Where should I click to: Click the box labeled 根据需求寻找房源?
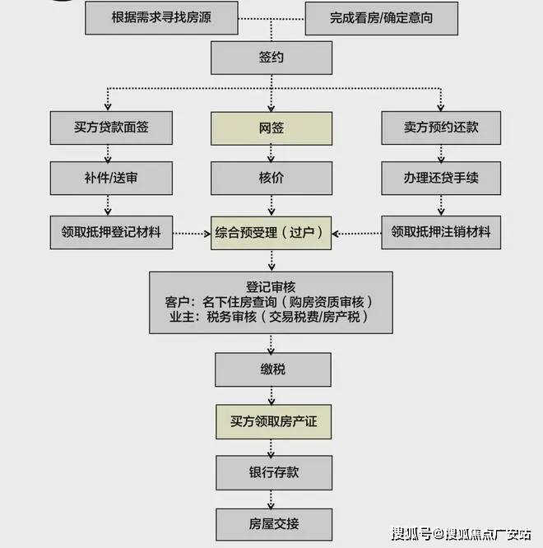point(161,17)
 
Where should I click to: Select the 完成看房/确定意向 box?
point(381,17)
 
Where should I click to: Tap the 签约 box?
point(272,58)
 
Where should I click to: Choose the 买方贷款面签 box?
point(111,128)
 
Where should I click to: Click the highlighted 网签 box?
point(272,128)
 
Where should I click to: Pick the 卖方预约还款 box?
point(441,128)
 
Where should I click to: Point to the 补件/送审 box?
point(111,177)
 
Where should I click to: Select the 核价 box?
point(272,177)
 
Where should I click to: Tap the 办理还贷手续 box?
point(441,177)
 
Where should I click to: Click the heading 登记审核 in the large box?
point(272,286)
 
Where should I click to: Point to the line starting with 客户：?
point(272,301)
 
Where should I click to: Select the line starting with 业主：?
point(272,317)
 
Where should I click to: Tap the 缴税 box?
point(272,370)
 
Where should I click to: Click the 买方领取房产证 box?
point(272,421)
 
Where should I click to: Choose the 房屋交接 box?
point(272,523)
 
